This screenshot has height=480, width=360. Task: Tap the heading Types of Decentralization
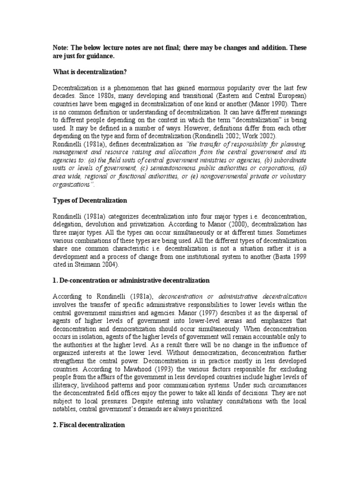click(x=90, y=200)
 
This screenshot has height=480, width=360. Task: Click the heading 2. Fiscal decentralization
click(x=89, y=425)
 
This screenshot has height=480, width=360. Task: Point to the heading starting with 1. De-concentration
click(x=131, y=280)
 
